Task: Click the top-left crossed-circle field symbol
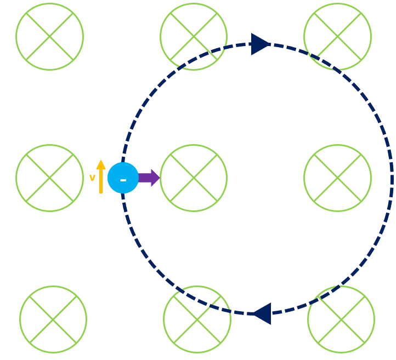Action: tap(49, 37)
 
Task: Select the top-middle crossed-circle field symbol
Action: tap(194, 37)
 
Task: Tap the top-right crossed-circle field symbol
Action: tap(337, 37)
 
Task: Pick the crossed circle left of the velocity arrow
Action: tap(49, 178)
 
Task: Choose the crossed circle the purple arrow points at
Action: tap(194, 178)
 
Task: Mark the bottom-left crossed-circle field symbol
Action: tap(53, 319)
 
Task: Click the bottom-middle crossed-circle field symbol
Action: tap(197, 319)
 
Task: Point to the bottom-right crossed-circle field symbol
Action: tap(341, 319)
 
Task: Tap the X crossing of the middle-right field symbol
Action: tap(337, 178)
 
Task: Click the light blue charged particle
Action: tap(123, 178)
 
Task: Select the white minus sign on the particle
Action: tap(123, 179)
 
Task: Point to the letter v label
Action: tap(92, 178)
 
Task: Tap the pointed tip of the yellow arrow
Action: tap(101, 160)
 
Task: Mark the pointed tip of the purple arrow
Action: tap(160, 178)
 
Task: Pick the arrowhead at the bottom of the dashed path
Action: tap(261, 313)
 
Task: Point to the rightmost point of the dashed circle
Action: tap(392, 179)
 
